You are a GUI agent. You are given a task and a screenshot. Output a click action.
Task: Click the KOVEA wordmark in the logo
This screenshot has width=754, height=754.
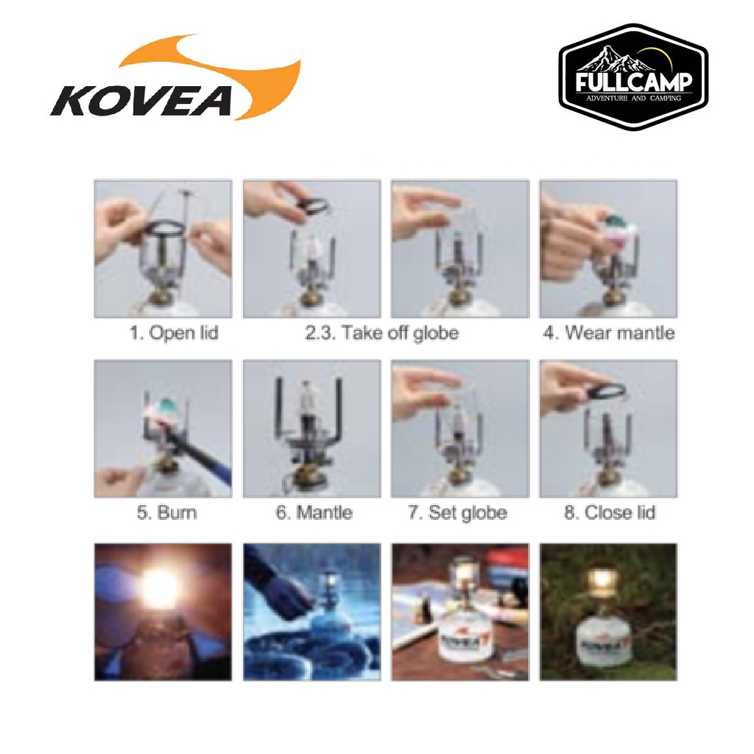(x=141, y=101)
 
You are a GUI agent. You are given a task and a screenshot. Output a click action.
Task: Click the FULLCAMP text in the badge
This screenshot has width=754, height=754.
(x=634, y=82)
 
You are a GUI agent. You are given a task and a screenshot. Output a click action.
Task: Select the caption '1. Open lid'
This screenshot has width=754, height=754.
(x=174, y=333)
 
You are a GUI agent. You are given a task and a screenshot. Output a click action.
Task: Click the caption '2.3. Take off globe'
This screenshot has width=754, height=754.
(x=382, y=333)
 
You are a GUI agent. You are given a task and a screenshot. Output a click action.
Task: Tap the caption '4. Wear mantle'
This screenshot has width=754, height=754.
(x=609, y=333)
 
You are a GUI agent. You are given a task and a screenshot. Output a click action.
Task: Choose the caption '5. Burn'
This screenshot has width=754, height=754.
(x=167, y=512)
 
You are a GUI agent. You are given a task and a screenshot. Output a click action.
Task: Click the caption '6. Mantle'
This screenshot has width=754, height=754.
(x=314, y=512)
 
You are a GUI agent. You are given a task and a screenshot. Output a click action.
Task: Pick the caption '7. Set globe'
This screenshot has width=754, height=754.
(x=457, y=512)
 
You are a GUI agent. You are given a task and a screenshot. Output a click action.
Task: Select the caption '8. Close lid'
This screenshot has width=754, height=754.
(x=610, y=512)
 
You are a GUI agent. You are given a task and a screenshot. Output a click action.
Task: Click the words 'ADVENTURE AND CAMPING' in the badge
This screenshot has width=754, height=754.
(x=634, y=99)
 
